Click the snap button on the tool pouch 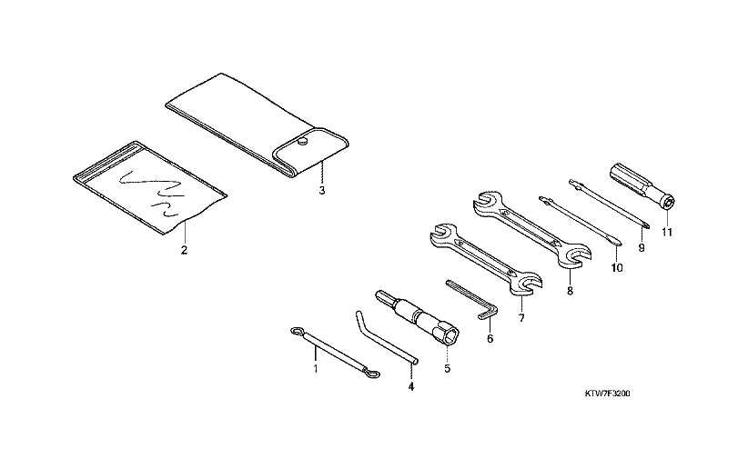(x=300, y=141)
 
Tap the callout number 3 (x=322, y=191)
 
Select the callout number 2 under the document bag (x=184, y=250)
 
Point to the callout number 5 (x=447, y=368)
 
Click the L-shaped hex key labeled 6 (x=474, y=299)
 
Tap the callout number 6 (x=490, y=338)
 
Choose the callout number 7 (x=521, y=317)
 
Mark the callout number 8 (x=570, y=290)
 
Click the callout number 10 (x=616, y=268)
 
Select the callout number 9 (x=642, y=248)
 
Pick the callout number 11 (x=667, y=232)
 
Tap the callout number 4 (x=411, y=386)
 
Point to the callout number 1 (x=316, y=368)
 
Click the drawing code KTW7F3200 (x=607, y=394)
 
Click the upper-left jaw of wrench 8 (x=486, y=200)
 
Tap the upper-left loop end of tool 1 (x=297, y=331)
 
